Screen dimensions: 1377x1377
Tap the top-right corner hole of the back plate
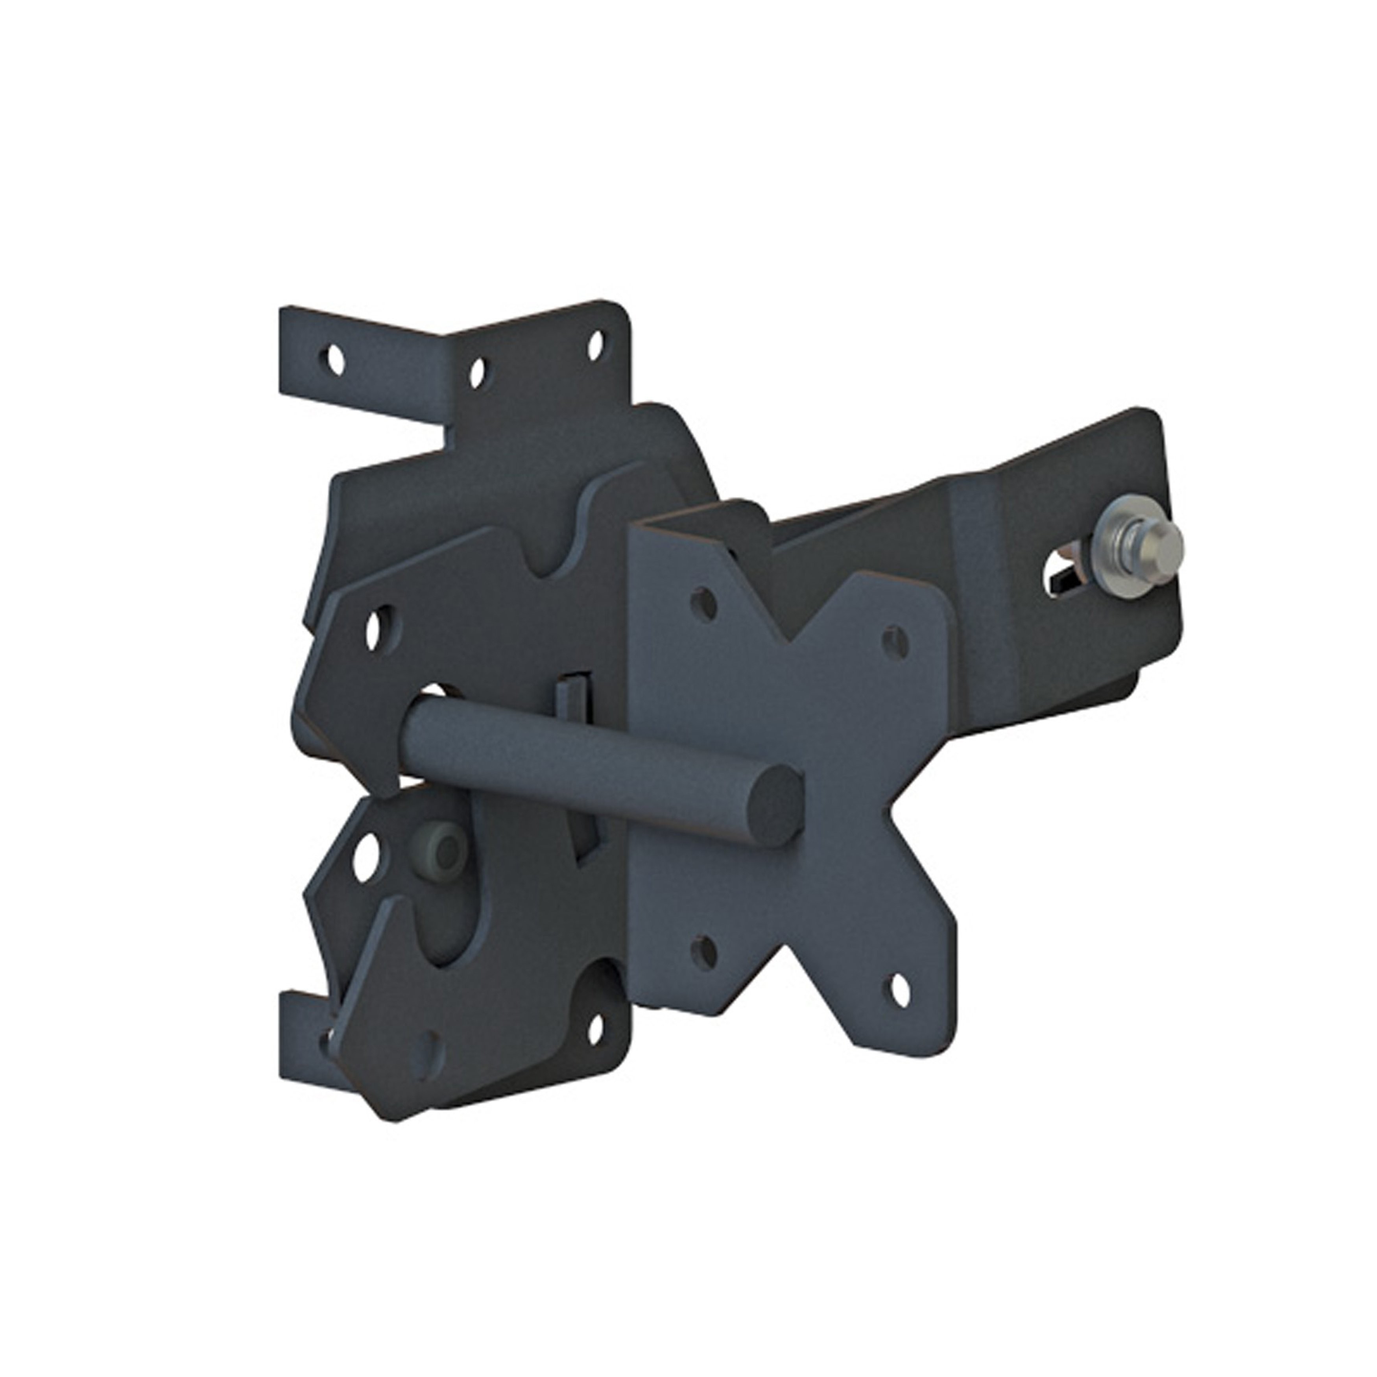click(594, 345)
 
